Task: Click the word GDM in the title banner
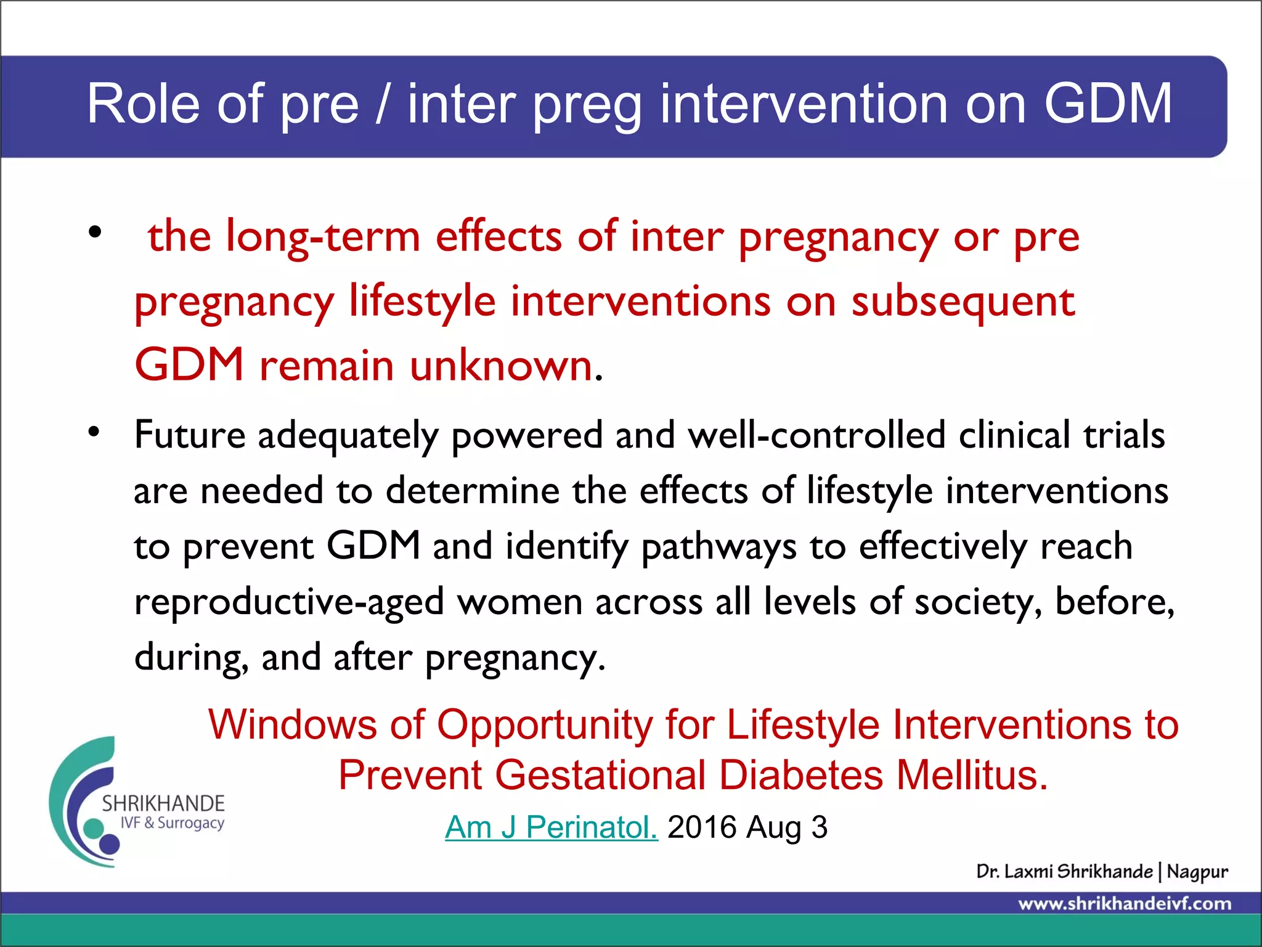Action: [x=1107, y=104]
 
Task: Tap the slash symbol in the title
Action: [x=383, y=104]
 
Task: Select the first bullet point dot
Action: [x=94, y=232]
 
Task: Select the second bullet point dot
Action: [x=94, y=431]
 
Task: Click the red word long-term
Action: [x=323, y=237]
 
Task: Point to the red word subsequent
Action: [x=963, y=302]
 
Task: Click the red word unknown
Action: [x=502, y=366]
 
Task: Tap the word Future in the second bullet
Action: [x=190, y=435]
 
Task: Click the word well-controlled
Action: [x=816, y=435]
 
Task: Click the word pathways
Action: [x=719, y=547]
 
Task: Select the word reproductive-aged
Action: [x=289, y=603]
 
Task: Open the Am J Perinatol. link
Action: [x=551, y=827]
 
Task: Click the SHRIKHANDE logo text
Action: [x=163, y=803]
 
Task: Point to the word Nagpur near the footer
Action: [x=1197, y=872]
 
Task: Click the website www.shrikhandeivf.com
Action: [x=1125, y=904]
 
